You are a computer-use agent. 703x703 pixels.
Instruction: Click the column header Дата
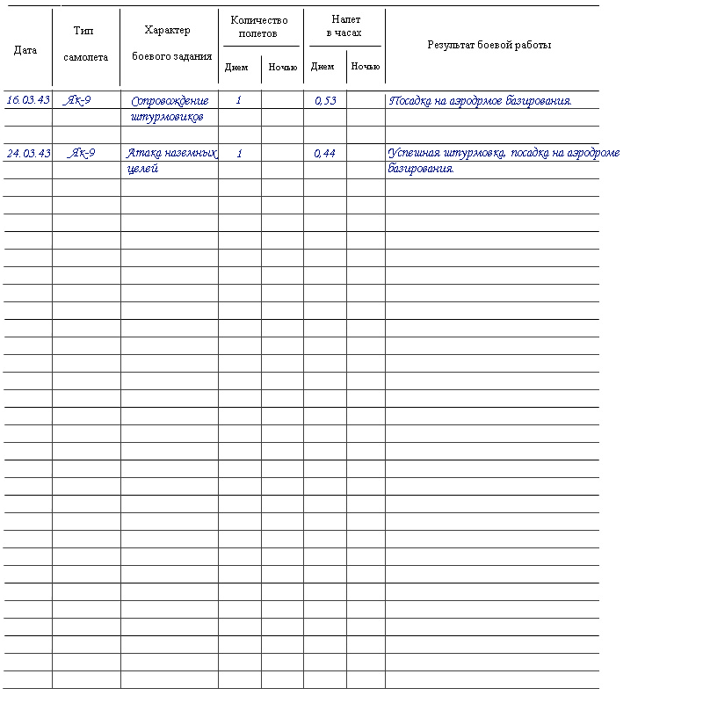[25, 50]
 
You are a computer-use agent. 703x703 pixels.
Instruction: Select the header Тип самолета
[86, 44]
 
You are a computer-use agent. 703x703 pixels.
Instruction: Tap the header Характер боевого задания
[170, 44]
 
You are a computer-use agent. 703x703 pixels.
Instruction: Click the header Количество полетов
[259, 26]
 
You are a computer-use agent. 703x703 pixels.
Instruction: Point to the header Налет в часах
[345, 26]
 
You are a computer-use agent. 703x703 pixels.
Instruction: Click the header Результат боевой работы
[489, 45]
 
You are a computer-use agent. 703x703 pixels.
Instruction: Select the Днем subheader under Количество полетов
[236, 67]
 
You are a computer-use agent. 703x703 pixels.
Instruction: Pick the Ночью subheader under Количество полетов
[282, 67]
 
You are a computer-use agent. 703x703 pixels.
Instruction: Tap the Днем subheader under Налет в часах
[323, 67]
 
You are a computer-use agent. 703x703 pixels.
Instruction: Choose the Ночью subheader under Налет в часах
[366, 67]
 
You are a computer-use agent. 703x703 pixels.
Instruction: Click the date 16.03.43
[28, 100]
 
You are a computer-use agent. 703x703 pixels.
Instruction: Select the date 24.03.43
[28, 153]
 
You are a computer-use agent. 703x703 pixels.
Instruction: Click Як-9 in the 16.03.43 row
[79, 100]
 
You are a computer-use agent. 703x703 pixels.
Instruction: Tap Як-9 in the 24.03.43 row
[82, 153]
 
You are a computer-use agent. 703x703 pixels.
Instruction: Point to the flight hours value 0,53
[325, 101]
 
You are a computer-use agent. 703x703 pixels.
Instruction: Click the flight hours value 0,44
[325, 154]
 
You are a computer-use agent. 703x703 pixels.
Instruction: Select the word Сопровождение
[169, 101]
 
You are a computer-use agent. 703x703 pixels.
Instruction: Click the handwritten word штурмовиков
[167, 117]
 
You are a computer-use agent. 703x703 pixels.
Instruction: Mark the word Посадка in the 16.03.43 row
[410, 101]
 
